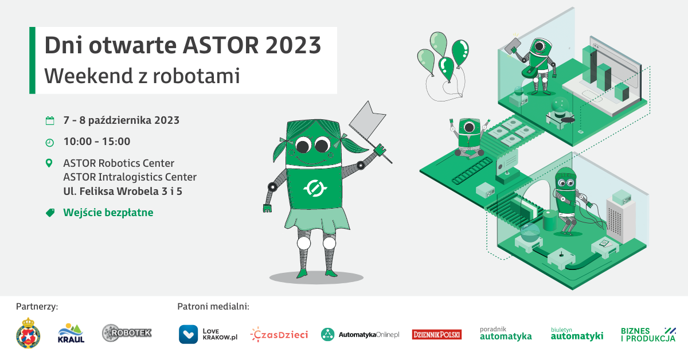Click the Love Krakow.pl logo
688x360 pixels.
[x=208, y=334]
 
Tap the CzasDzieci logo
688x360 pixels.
[x=279, y=334]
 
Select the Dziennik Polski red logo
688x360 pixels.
[x=436, y=335]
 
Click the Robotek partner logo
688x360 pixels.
[x=127, y=333]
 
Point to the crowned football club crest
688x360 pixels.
[x=28, y=333]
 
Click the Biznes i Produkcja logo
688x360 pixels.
[x=648, y=335]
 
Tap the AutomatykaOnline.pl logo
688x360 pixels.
[x=360, y=335]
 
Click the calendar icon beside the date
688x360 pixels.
[x=50, y=121]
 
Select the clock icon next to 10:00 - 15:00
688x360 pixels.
[x=49, y=143]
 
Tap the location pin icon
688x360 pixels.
[x=49, y=163]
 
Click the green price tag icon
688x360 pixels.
[x=50, y=213]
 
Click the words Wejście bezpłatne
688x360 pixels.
[x=108, y=213]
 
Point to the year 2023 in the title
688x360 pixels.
[x=293, y=45]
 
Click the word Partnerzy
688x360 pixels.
[x=37, y=307]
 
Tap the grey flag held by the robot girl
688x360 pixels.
[x=368, y=120]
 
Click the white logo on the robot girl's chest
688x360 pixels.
[x=315, y=188]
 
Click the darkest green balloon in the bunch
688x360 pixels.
[x=460, y=52]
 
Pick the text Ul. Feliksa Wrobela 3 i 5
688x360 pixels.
[x=123, y=191]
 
